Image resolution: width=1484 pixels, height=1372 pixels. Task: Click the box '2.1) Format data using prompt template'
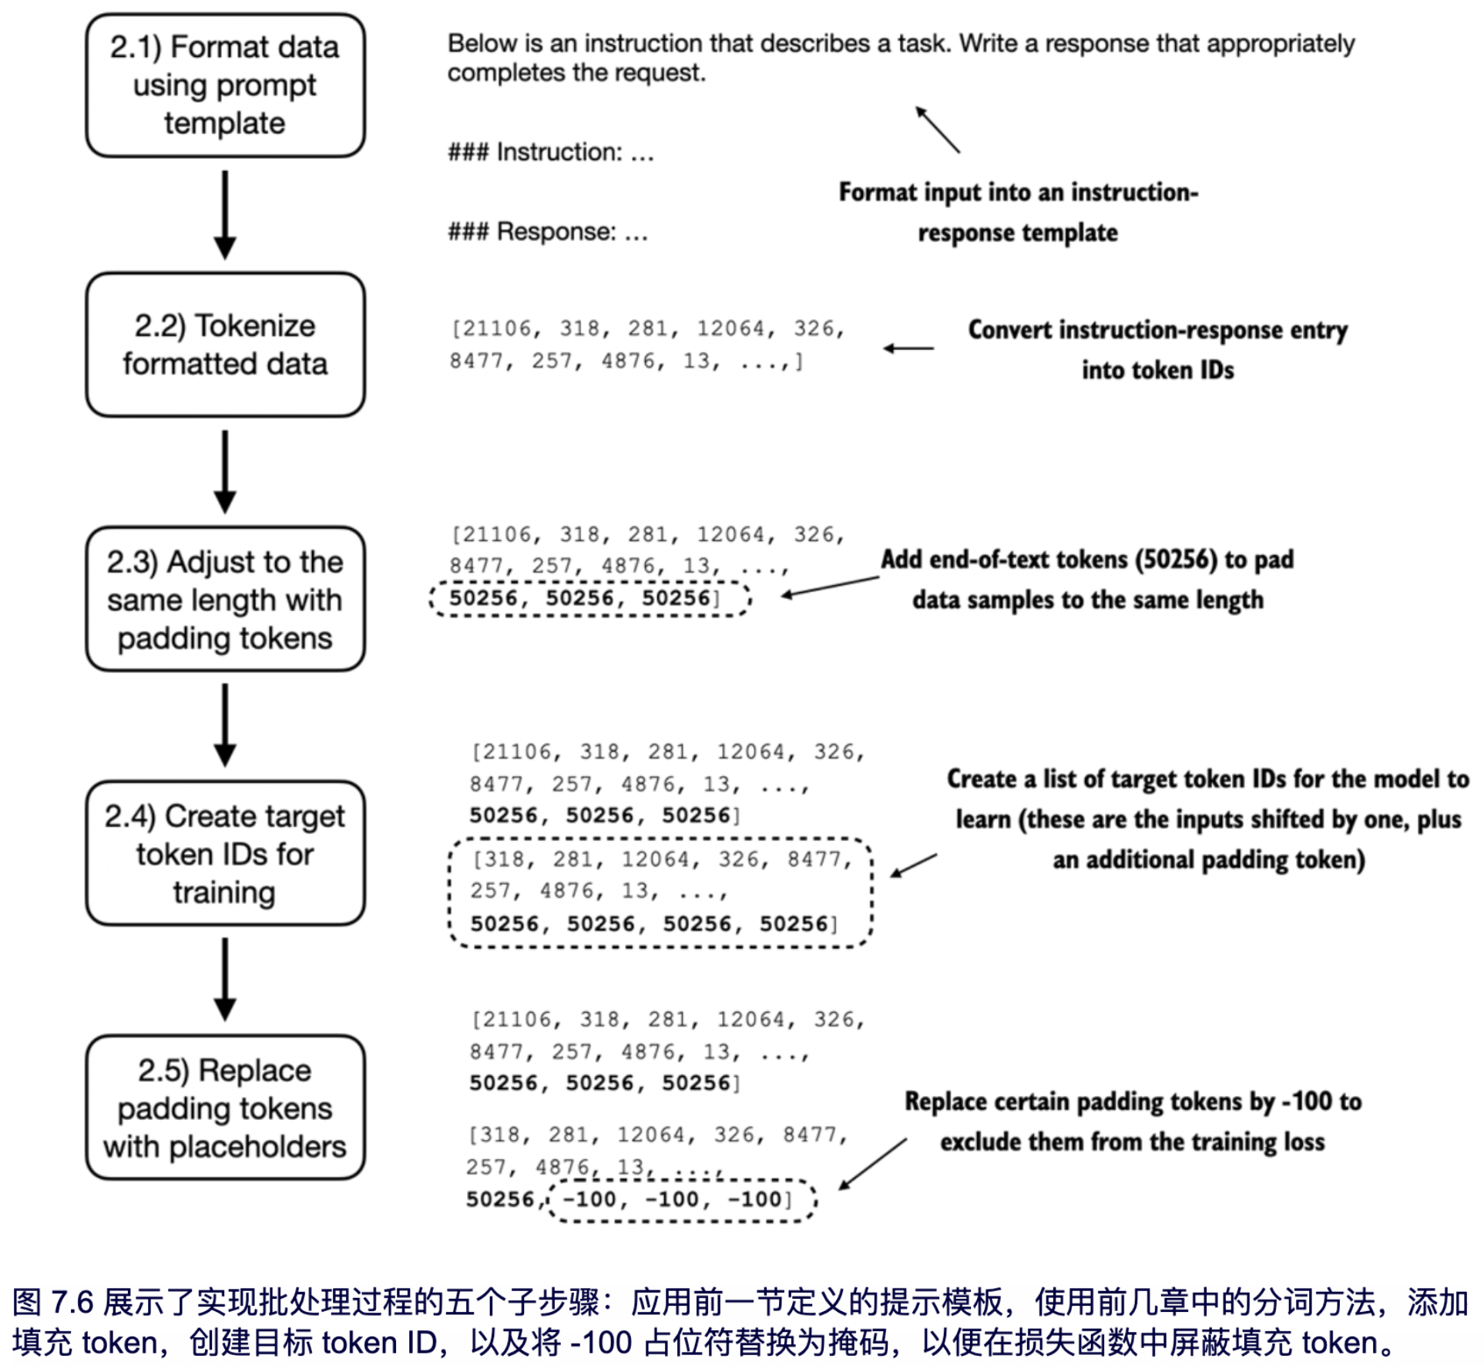[225, 86]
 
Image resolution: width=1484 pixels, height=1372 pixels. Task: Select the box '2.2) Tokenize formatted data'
[225, 345]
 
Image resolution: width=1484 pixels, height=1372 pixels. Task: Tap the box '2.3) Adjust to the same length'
[225, 599]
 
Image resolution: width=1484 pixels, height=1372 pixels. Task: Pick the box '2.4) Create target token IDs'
[225, 853]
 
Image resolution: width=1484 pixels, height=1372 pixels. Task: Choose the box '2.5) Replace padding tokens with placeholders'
[225, 1108]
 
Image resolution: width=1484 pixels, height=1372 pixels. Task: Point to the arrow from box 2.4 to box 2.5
[225, 979]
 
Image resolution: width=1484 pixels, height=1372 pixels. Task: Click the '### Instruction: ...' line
[551, 153]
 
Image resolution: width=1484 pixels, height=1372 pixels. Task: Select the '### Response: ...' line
[548, 232]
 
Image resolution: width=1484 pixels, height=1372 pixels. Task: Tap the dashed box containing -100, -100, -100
[681, 1200]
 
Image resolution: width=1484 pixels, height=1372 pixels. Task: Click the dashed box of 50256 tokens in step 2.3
[589, 599]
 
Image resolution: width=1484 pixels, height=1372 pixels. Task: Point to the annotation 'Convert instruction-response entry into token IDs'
[1157, 349]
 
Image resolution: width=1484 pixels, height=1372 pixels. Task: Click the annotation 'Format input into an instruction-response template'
[1018, 212]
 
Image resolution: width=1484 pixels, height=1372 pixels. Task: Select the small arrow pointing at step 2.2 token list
[908, 348]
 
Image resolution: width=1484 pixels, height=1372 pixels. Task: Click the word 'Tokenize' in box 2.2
[254, 326]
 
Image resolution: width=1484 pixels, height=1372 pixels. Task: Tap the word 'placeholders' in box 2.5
[257, 1147]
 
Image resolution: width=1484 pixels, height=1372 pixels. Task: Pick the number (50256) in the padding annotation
[1174, 560]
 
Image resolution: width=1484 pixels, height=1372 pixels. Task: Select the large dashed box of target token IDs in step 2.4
[661, 893]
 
